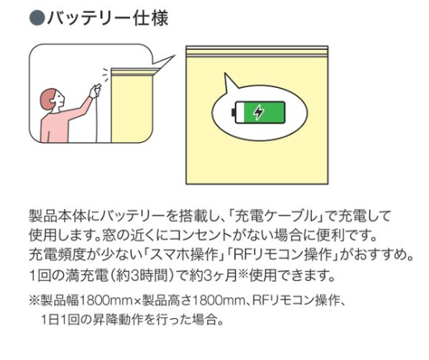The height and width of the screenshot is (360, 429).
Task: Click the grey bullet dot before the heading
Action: (37, 19)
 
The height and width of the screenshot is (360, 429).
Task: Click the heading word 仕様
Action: (150, 19)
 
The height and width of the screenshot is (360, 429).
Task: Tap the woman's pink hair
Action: (47, 99)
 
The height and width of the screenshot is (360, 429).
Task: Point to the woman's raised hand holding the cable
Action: (95, 90)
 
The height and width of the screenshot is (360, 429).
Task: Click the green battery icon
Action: (259, 112)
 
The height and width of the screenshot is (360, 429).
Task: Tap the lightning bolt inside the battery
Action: (259, 112)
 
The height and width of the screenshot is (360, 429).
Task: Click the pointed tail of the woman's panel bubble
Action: (163, 61)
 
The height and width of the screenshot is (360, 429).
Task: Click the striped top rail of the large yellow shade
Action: (257, 51)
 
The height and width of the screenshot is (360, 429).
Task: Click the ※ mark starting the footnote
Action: (35, 301)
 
